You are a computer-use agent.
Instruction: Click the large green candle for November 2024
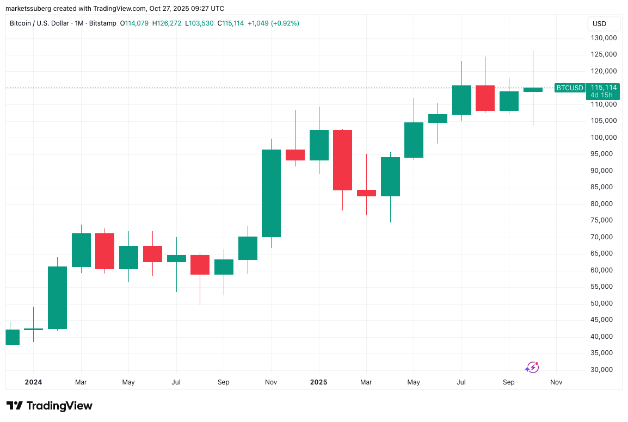pyautogui.click(x=271, y=193)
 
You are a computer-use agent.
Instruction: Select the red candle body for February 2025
pyautogui.click(x=342, y=160)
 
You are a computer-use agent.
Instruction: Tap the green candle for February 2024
pyautogui.click(x=57, y=297)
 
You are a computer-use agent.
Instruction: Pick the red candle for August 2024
pyautogui.click(x=200, y=264)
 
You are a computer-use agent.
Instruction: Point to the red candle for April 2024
pyautogui.click(x=104, y=251)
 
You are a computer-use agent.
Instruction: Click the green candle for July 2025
pyautogui.click(x=461, y=100)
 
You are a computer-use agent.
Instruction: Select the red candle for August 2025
pyautogui.click(x=485, y=98)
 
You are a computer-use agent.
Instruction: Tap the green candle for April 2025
pyautogui.click(x=390, y=176)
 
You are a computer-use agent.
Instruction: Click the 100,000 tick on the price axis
pyautogui.click(x=603, y=138)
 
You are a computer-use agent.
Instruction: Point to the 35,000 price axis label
pyautogui.click(x=603, y=353)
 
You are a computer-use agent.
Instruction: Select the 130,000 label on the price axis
pyautogui.click(x=603, y=38)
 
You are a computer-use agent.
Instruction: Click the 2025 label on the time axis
pyautogui.click(x=318, y=382)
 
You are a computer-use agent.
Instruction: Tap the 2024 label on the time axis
pyautogui.click(x=33, y=382)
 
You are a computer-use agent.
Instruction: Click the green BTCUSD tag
pyautogui.click(x=570, y=88)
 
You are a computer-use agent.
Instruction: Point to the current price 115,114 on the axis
pyautogui.click(x=604, y=87)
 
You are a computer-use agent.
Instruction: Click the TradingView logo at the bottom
pyautogui.click(x=50, y=406)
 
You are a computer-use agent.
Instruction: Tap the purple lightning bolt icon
pyautogui.click(x=532, y=368)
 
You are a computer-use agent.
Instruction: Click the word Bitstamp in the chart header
pyautogui.click(x=105, y=23)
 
